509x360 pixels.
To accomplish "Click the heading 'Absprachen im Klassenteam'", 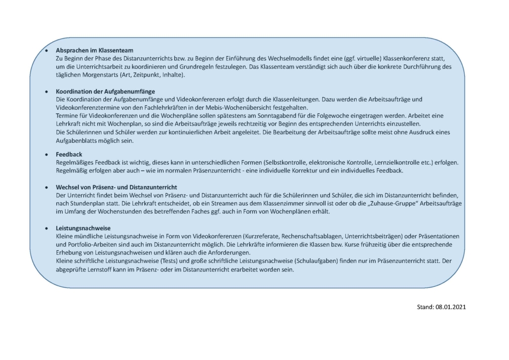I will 95,50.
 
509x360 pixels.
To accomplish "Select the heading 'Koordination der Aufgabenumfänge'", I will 106,91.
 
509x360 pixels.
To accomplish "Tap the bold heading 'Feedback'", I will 69,154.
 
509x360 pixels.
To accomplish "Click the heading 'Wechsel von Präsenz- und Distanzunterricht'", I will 117,187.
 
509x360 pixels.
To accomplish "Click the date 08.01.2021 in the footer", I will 451,307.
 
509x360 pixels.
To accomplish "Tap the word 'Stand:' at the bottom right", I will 425,307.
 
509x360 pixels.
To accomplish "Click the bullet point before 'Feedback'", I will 47,154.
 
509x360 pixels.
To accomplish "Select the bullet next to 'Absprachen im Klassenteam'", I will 47,50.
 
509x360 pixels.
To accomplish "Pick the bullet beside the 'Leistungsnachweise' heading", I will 47,228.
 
